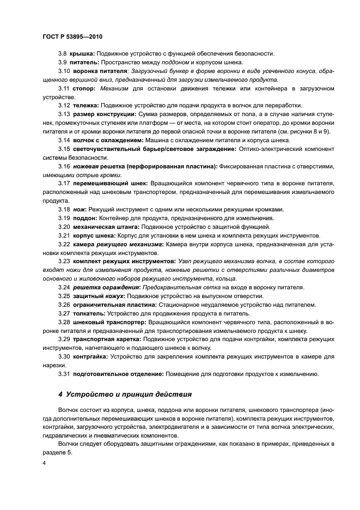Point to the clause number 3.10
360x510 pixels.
point(64,71)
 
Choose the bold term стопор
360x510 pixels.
point(83,88)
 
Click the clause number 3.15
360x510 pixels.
point(64,149)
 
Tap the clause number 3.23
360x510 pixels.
point(64,262)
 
